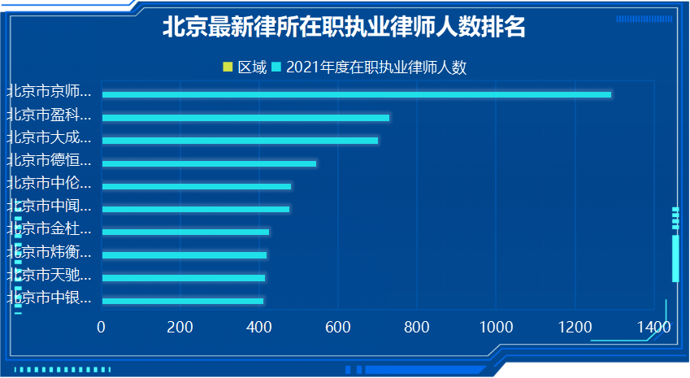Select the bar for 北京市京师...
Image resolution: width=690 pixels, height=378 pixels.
[356, 95]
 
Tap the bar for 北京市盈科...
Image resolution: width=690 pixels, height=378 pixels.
[245, 118]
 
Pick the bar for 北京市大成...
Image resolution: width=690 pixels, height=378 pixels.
[240, 141]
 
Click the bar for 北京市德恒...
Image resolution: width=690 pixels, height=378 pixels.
[209, 163]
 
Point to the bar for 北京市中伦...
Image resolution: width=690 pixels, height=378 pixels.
[196, 186]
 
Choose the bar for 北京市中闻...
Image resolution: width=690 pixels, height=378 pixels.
[195, 209]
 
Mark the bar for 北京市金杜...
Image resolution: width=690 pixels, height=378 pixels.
[185, 232]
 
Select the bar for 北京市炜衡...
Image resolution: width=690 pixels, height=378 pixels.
[184, 255]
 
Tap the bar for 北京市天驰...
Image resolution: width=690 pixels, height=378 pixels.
[183, 278]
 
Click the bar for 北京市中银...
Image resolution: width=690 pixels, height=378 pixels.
[182, 301]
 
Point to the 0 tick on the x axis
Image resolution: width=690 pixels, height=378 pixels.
[102, 327]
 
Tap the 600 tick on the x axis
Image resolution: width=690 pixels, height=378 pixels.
[338, 327]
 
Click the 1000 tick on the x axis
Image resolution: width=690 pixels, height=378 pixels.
[496, 327]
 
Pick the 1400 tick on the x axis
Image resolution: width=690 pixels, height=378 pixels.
[653, 327]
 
